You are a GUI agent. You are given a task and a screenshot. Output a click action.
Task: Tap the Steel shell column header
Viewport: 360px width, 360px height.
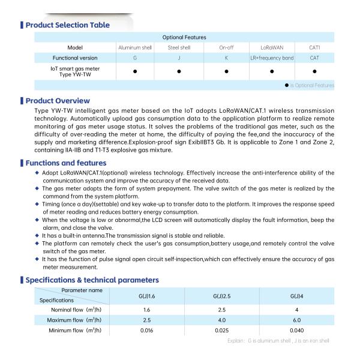click(179, 47)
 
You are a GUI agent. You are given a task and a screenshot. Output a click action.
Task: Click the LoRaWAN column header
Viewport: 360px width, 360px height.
click(272, 47)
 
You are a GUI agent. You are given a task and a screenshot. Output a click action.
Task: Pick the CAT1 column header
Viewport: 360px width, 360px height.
click(314, 47)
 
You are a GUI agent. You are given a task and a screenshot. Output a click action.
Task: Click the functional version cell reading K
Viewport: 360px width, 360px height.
click(226, 58)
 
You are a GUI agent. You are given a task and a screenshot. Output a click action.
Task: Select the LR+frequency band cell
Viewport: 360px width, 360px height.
click(272, 58)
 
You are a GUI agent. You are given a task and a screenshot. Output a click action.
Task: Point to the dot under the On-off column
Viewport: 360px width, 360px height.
click(226, 73)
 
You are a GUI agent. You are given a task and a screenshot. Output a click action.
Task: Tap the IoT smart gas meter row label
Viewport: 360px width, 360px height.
click(76, 73)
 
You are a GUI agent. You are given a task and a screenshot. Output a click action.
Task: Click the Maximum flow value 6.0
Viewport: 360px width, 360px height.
click(296, 320)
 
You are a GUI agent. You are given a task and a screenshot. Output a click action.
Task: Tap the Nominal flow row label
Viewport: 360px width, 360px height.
click(75, 310)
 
